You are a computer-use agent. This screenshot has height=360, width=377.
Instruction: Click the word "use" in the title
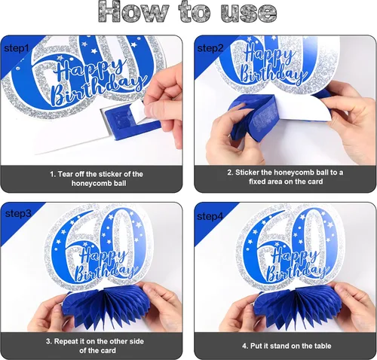click(x=249, y=13)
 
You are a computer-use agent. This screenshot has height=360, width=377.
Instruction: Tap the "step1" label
click(x=17, y=48)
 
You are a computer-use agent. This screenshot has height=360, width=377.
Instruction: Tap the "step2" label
click(x=210, y=48)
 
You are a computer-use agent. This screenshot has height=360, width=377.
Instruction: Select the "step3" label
click(x=18, y=213)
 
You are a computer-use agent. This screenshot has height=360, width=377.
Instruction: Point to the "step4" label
click(x=210, y=216)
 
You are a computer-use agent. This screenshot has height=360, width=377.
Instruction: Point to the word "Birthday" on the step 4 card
click(x=296, y=271)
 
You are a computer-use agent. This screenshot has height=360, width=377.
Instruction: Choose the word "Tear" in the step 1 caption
click(x=65, y=174)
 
